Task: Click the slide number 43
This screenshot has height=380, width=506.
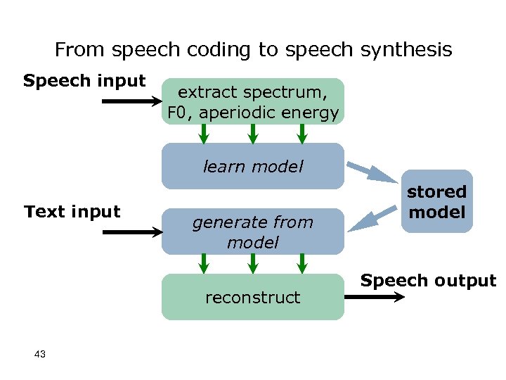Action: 39,354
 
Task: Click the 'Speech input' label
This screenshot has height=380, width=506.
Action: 84,81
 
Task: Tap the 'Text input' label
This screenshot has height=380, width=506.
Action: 72,212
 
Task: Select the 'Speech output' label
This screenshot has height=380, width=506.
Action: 428,280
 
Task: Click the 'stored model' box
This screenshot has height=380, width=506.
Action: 437,201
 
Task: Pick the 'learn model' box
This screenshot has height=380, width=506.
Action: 253,167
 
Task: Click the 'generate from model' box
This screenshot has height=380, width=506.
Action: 253,232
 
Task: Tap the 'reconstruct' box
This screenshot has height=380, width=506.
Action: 253,297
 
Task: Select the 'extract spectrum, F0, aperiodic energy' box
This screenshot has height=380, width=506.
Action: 253,101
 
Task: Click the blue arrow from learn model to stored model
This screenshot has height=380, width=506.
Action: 372,172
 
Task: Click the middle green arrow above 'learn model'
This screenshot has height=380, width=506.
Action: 253,133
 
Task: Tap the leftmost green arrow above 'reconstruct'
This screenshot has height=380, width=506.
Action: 204,263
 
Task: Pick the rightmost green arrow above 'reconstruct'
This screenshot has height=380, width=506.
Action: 302,263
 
